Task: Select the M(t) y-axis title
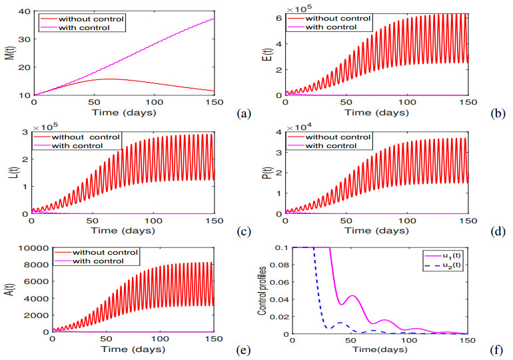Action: pos(9,53)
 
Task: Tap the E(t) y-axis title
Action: pos(262,53)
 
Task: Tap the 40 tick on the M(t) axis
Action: pos(23,11)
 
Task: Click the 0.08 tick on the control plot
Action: pos(280,265)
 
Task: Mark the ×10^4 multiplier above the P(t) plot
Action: pos(298,127)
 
